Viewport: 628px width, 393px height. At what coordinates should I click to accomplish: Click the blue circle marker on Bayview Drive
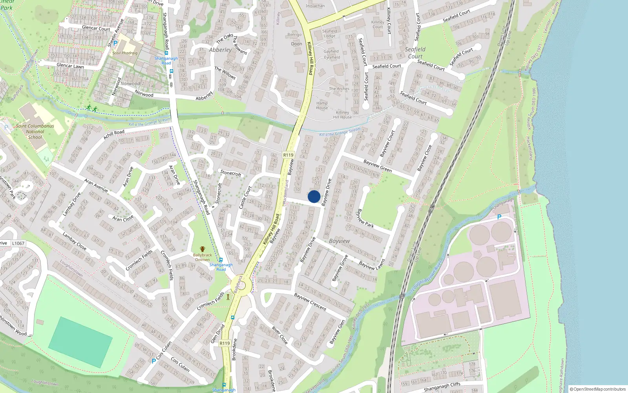(314, 196)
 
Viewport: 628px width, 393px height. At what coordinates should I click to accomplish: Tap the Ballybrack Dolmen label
(203, 257)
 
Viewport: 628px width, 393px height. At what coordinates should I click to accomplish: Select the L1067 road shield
(18, 243)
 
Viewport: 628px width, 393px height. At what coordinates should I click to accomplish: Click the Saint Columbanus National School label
(35, 132)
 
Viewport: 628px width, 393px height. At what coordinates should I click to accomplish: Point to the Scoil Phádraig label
(125, 53)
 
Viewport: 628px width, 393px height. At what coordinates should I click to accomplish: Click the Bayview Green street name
(377, 166)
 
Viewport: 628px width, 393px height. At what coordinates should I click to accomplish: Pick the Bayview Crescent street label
(310, 302)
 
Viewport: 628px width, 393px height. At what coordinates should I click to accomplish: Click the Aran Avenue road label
(96, 185)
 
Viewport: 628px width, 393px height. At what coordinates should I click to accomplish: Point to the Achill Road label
(114, 134)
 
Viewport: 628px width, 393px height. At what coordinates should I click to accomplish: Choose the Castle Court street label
(245, 197)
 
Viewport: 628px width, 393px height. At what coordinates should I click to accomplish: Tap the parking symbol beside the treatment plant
(499, 217)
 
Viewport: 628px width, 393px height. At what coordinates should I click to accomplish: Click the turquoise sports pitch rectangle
(80, 342)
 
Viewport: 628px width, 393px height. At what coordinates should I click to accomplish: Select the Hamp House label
(322, 105)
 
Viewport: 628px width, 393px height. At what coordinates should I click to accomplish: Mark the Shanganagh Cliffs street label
(442, 387)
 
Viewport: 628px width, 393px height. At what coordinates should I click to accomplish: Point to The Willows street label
(225, 73)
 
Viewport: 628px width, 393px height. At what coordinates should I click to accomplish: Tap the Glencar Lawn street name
(70, 66)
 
